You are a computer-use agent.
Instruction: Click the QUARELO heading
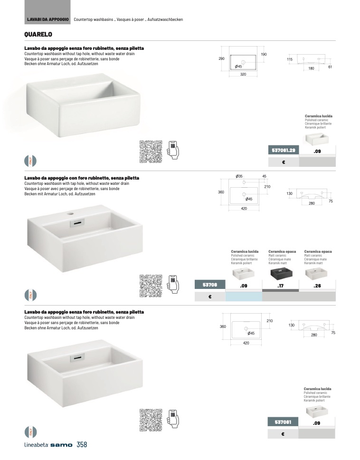pos(38,34)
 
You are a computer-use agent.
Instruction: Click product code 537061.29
pos(284,151)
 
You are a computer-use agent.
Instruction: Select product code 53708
pos(209,285)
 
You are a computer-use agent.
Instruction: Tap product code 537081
pos(283,422)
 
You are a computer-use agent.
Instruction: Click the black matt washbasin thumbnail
pos(280,274)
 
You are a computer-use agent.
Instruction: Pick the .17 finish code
pos(280,286)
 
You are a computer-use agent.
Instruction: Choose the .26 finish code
pos(317,286)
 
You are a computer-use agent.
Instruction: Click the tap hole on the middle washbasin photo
pos(73,214)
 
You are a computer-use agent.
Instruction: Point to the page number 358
pos(82,445)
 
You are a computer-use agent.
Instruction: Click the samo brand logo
pos(61,445)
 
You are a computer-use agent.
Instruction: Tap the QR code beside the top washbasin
pos(151,152)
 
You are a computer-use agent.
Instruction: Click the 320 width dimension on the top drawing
pos(243,75)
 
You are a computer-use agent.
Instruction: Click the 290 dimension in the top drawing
pos(221,58)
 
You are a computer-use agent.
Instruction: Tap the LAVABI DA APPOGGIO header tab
pos(48,19)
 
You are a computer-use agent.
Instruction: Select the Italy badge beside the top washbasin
pos(30,160)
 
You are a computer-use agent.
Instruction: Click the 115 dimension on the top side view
pos(289,59)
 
